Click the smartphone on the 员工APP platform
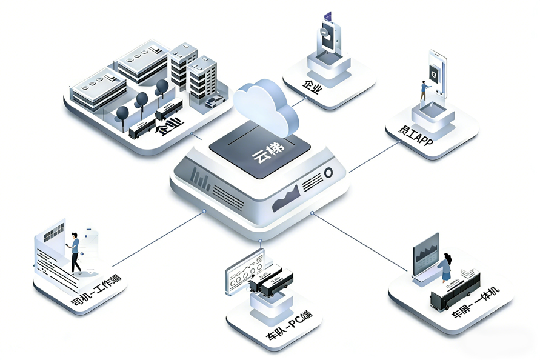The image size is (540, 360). pyautogui.click(x=437, y=73)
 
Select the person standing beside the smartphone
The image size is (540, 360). pyautogui.click(x=424, y=92)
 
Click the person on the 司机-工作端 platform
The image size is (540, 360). pyautogui.click(x=75, y=252)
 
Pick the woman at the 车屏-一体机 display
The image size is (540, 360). pyautogui.click(x=446, y=267)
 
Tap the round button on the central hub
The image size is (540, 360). pyautogui.click(x=328, y=173)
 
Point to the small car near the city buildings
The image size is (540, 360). pyautogui.click(x=215, y=101)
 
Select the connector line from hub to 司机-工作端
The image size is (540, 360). pyautogui.click(x=159, y=239)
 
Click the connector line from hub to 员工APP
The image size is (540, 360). pyautogui.click(x=373, y=156)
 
